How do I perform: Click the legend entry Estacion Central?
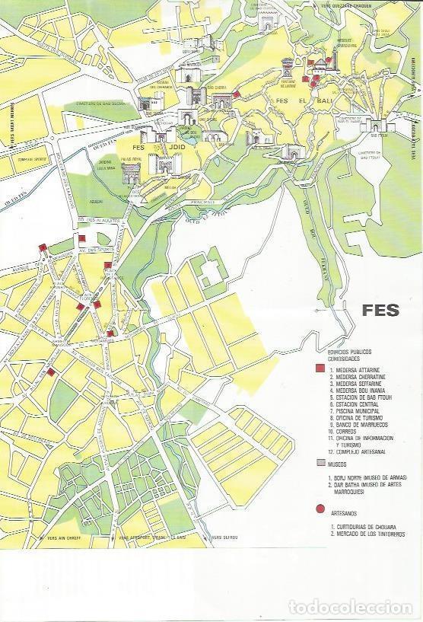pyautogui.click(x=354, y=404)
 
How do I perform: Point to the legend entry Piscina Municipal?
pyautogui.click(x=355, y=411)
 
